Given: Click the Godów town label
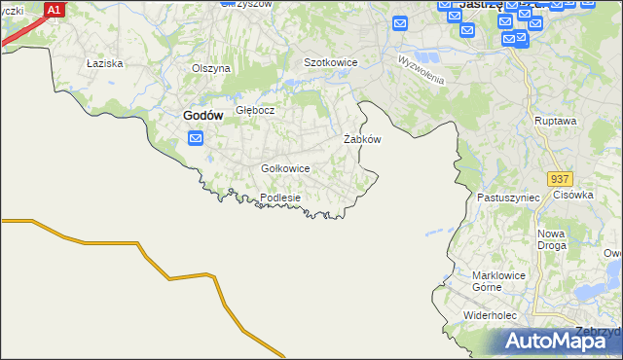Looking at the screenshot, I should coord(203,115).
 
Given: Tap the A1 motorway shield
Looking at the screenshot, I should coord(55,10).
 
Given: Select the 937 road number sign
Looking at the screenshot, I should coord(559,180).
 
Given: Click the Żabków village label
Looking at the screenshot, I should coord(362,139).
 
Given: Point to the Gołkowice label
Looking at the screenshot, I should coord(285,168).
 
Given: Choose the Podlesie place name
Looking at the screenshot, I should coord(280,198).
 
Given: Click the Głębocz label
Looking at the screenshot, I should coord(255,110).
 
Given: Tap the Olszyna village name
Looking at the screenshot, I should coord(210,68).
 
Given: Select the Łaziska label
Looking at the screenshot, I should coord(102,63).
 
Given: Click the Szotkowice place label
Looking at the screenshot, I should coord(331,62).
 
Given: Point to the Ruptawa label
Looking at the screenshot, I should coord(556,121).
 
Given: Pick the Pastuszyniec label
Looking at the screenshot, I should coord(508,197).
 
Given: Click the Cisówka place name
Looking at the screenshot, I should coord(573,195).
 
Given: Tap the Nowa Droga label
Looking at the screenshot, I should coord(552,240).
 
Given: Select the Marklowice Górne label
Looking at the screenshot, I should coord(498,281).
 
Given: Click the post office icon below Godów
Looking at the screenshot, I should coord(195,139).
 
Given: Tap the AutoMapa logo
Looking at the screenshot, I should coord(562,340).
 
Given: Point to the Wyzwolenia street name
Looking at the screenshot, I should coord(421,70).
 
